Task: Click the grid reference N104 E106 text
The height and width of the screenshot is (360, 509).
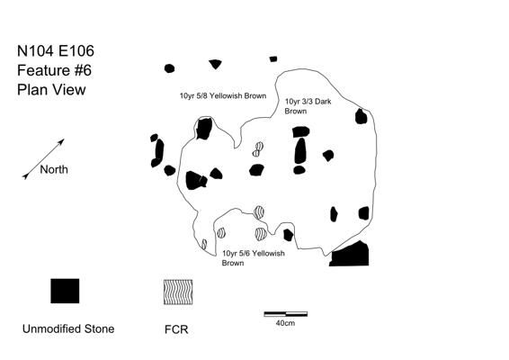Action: tap(56, 51)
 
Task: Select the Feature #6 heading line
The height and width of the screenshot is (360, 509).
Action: tap(54, 70)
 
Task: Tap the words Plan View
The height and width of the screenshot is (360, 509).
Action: tap(51, 90)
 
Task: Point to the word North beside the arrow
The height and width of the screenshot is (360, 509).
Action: tap(54, 169)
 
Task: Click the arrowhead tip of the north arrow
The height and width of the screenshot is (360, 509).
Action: tap(64, 139)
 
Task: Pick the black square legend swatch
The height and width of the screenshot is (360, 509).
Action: tap(65, 291)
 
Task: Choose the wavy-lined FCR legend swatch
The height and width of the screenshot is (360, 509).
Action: tap(178, 292)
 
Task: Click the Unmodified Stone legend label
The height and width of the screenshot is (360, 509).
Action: tap(68, 328)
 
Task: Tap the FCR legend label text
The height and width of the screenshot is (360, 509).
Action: tap(176, 329)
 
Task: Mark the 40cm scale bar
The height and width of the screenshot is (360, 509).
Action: tap(286, 314)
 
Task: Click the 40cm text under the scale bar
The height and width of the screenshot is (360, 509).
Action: tap(285, 323)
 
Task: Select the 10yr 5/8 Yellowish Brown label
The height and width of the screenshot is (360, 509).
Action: tap(223, 95)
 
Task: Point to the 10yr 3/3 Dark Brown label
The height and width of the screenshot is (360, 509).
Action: tap(308, 106)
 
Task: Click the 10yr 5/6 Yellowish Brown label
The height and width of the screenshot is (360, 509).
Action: tap(254, 258)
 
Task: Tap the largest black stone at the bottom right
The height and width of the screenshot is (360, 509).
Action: tap(351, 255)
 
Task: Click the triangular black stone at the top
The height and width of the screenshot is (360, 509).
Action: tap(215, 64)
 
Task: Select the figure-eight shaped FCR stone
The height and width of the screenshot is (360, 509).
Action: tap(258, 149)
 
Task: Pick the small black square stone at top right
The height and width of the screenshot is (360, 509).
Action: tap(273, 59)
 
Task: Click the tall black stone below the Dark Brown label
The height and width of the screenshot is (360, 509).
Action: tap(300, 151)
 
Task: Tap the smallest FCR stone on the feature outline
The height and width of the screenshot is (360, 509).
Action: tap(204, 244)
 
